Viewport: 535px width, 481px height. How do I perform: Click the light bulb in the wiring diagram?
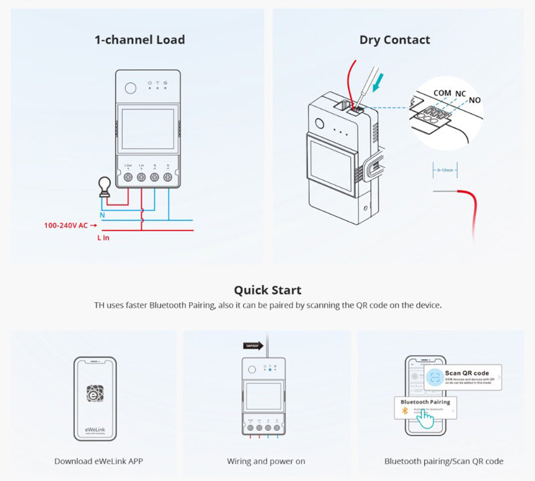pos(104,185)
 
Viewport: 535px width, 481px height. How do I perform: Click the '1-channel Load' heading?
pos(140,39)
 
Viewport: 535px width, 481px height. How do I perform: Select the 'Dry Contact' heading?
pos(395,39)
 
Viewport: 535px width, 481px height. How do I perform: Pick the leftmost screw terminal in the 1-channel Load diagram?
pos(128,177)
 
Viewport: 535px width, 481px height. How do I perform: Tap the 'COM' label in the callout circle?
pos(442,93)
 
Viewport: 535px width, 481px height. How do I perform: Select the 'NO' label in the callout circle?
pos(475,100)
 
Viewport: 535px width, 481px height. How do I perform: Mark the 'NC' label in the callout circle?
pos(461,93)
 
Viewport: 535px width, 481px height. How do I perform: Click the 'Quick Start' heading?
pos(267,290)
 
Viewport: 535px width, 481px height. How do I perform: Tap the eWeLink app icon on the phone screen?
pos(94,393)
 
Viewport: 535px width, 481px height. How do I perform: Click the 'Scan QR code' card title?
pos(467,373)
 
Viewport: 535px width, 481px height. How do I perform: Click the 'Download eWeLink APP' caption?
pos(98,461)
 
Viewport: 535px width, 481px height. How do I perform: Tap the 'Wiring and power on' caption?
pos(266,461)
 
